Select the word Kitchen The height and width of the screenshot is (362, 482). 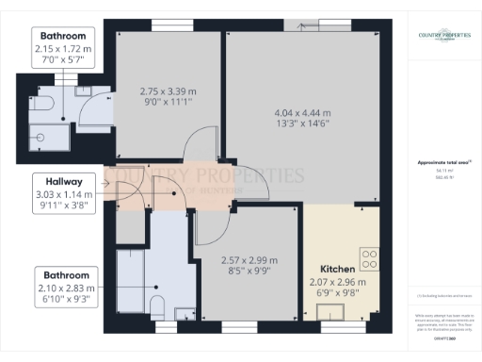(337, 268)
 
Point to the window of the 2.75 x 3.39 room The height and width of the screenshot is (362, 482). (168, 25)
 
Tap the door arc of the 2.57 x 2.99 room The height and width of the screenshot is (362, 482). (209, 223)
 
